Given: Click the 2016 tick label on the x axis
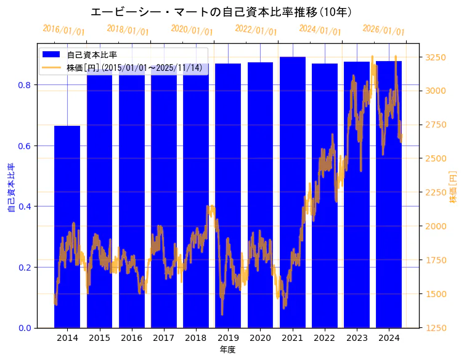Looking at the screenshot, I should (131, 338).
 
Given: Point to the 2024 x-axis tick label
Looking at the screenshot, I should (389, 338).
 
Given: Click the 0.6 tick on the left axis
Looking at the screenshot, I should (25, 146).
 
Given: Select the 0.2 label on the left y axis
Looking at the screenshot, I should (25, 268).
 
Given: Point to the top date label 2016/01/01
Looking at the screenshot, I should (63, 30).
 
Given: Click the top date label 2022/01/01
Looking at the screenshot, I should (256, 30).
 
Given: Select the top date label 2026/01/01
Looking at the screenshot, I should (383, 30).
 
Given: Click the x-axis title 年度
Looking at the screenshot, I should (227, 350).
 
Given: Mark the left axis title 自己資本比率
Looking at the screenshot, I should (10, 188).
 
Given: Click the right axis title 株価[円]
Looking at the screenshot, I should (453, 188).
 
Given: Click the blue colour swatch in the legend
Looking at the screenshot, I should (51, 55).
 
